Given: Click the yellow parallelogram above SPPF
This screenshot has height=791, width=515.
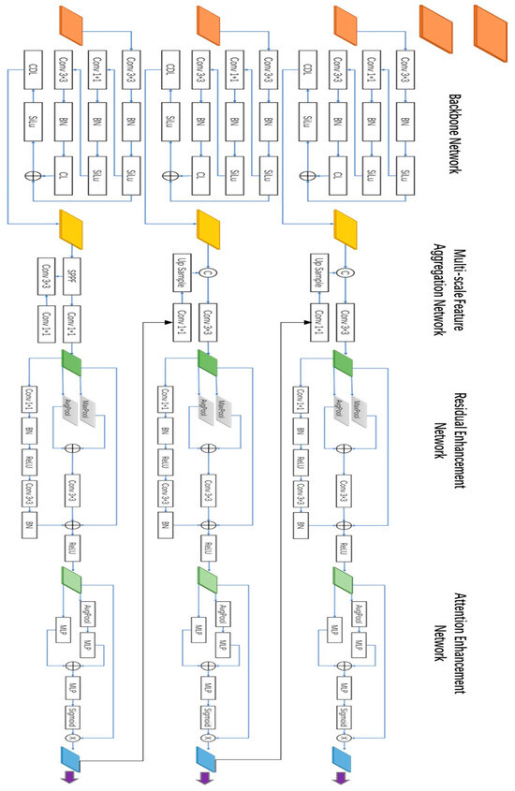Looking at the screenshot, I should click(x=72, y=226).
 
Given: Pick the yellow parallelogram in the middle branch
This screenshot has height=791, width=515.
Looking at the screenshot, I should click(x=209, y=226).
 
